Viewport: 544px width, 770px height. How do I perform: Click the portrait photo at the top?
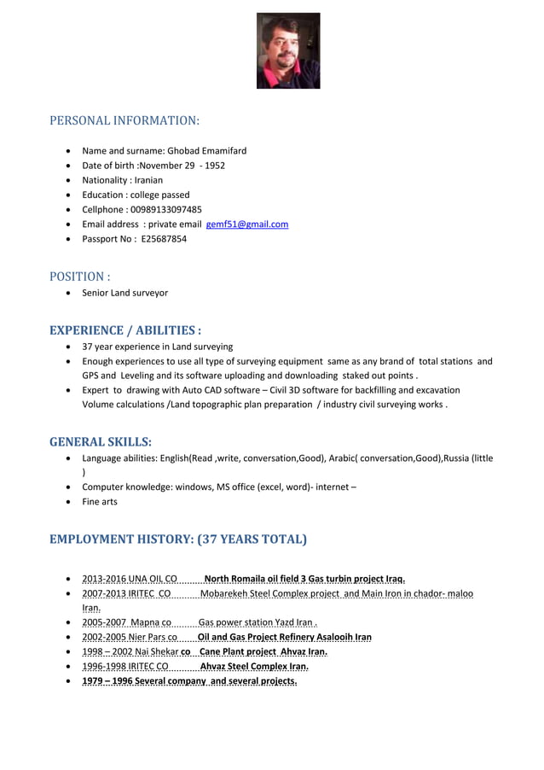click(x=288, y=51)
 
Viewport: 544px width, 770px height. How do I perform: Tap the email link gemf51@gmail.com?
click(x=247, y=225)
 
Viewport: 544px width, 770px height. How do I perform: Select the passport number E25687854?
click(x=164, y=239)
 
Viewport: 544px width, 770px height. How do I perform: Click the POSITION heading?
click(x=79, y=277)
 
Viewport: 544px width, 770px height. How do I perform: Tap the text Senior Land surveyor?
click(x=124, y=293)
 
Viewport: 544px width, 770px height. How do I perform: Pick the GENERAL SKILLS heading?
click(x=101, y=442)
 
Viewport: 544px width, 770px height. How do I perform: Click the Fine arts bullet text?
click(x=100, y=502)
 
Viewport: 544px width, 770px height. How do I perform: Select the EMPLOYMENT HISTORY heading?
click(x=177, y=540)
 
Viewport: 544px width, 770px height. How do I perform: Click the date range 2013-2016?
click(x=103, y=578)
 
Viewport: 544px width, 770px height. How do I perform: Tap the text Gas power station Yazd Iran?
click(x=258, y=623)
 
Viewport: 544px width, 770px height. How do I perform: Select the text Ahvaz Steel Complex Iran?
click(x=253, y=667)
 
